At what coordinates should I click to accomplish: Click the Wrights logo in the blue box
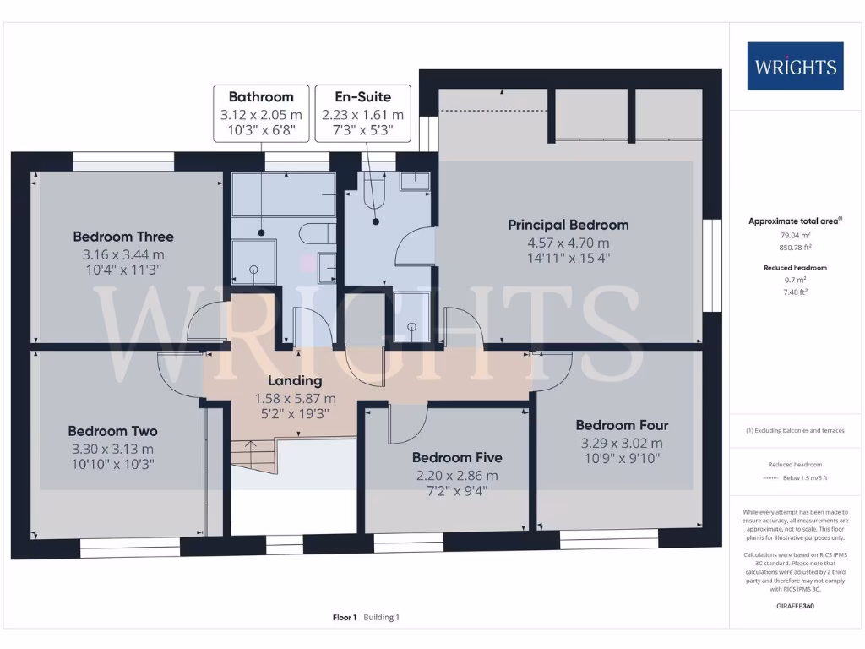tap(795, 66)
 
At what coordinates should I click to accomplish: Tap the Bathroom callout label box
tap(261, 113)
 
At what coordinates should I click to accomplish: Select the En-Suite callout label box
tap(363, 113)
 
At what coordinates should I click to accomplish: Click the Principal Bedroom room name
tap(569, 225)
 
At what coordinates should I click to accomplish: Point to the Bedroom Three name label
tap(123, 237)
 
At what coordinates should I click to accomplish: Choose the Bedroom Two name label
tap(113, 431)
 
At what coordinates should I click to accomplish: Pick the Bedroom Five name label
tap(457, 457)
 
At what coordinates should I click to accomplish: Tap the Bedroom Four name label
tap(623, 425)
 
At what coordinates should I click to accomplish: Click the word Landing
tap(295, 381)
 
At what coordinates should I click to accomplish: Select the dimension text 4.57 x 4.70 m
tap(569, 243)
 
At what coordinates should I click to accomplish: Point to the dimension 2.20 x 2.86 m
tap(457, 475)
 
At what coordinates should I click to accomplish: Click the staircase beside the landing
tap(253, 456)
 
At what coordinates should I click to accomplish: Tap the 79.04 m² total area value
tap(796, 235)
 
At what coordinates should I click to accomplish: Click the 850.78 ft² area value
tap(796, 248)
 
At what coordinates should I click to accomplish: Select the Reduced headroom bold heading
tap(796, 268)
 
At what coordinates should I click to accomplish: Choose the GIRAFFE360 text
tap(796, 606)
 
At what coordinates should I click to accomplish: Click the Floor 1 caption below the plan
tap(345, 618)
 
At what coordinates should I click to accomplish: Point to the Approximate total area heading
tap(794, 221)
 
